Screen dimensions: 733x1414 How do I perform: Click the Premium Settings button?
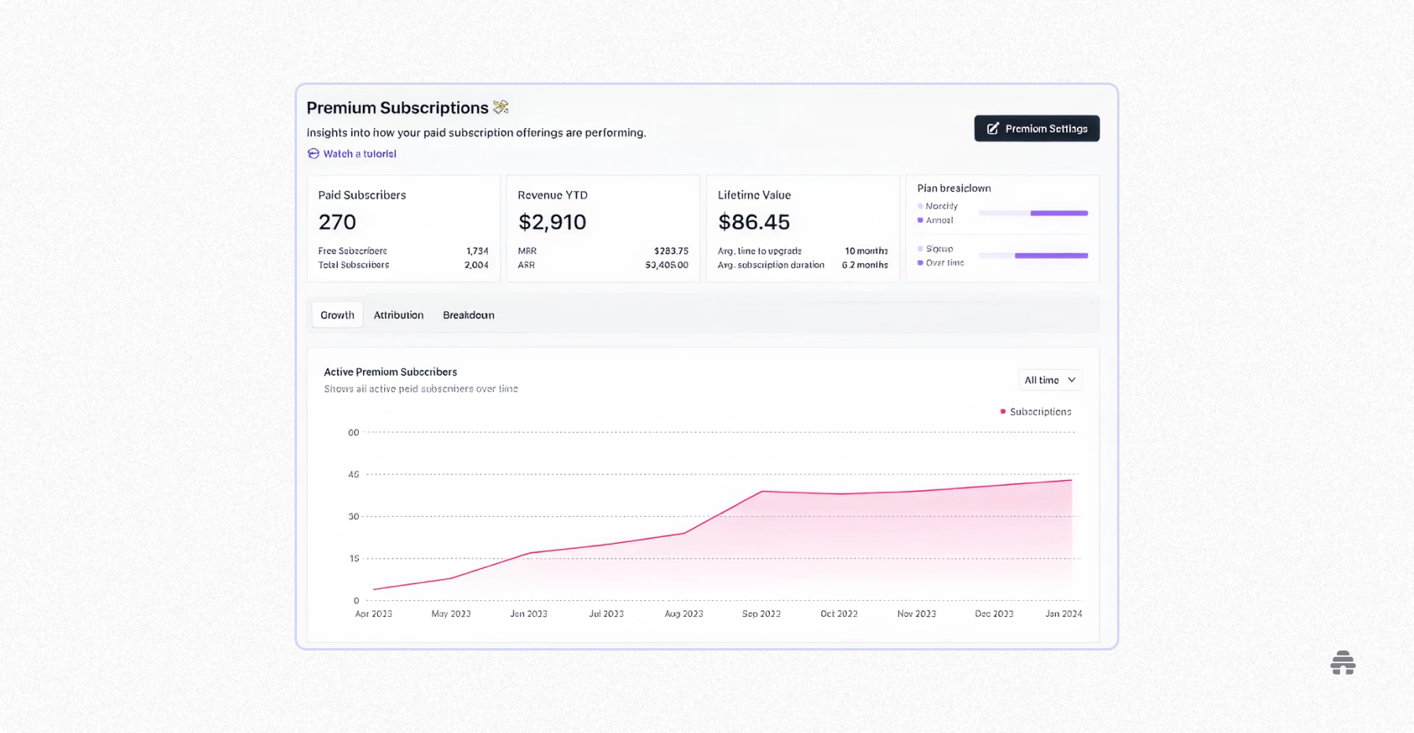pyautogui.click(x=1036, y=129)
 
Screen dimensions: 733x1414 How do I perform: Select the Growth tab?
pyautogui.click(x=337, y=315)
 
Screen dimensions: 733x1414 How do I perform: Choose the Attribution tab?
pyautogui.click(x=398, y=315)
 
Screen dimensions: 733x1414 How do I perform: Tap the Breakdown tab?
pyautogui.click(x=468, y=315)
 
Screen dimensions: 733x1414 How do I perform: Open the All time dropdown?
pyautogui.click(x=1050, y=380)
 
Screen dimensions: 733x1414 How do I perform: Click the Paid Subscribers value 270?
pyautogui.click(x=337, y=222)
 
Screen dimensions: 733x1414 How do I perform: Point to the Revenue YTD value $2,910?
pyautogui.click(x=552, y=222)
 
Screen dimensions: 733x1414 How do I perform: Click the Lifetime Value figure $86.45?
pyautogui.click(x=753, y=222)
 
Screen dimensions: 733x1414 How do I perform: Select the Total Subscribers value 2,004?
pyautogui.click(x=476, y=266)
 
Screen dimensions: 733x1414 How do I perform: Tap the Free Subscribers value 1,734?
pyautogui.click(x=477, y=251)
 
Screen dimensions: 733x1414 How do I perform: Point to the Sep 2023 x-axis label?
pyautogui.click(x=761, y=614)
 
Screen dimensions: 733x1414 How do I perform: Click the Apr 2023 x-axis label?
pyautogui.click(x=373, y=614)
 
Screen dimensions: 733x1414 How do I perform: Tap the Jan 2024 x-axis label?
pyautogui.click(x=1063, y=614)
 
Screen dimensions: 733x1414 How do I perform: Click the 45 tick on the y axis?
pyautogui.click(x=353, y=475)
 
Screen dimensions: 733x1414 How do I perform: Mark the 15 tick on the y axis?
pyautogui.click(x=354, y=559)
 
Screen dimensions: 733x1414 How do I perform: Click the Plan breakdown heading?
pyautogui.click(x=954, y=189)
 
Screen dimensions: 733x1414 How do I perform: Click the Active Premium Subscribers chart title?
pyautogui.click(x=390, y=372)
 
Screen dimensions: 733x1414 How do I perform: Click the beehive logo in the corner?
pyautogui.click(x=1343, y=663)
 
